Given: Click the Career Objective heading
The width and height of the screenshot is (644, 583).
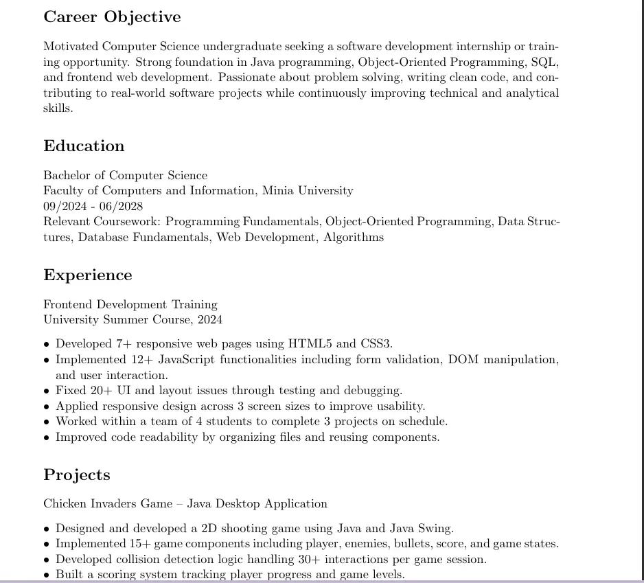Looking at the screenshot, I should pyautogui.click(x=112, y=17).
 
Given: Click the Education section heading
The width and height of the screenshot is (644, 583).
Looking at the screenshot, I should pyautogui.click(x=84, y=146).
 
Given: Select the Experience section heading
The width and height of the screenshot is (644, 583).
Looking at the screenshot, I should pyautogui.click(x=87, y=275).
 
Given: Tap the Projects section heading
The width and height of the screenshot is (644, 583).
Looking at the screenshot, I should pyautogui.click(x=76, y=475).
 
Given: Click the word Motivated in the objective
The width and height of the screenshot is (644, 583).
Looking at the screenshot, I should pyautogui.click(x=71, y=47).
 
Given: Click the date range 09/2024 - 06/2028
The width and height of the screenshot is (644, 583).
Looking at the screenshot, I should pyautogui.click(x=93, y=206).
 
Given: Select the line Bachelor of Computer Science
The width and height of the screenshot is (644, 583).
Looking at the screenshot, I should pyautogui.click(x=125, y=175).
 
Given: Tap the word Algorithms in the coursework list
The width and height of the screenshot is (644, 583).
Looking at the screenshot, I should pyautogui.click(x=354, y=238).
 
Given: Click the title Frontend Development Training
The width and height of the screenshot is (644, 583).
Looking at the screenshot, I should pyautogui.click(x=130, y=304).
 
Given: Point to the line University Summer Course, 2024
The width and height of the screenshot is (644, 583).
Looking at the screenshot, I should pyautogui.click(x=133, y=320).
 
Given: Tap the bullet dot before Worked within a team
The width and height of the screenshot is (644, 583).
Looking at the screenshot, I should pyautogui.click(x=47, y=422).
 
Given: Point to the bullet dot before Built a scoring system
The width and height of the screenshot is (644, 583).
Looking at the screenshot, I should pyautogui.click(x=47, y=575).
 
